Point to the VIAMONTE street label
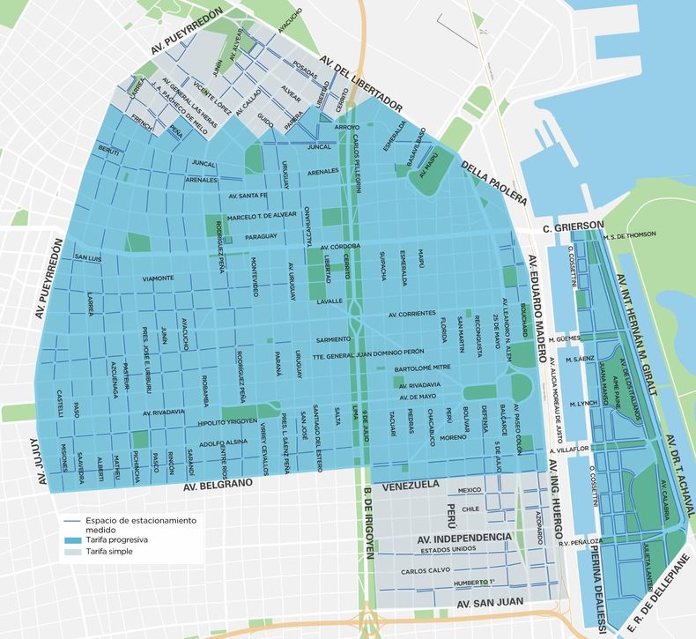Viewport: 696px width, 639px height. coord(158,278)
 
